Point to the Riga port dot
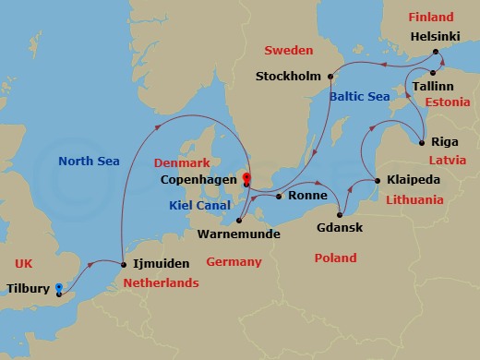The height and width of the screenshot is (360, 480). pos(422,142)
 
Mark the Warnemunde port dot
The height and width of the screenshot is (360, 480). pos(239,220)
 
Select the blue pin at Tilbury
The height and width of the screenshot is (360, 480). pos(58,288)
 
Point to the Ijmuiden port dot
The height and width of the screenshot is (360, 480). pos(122,266)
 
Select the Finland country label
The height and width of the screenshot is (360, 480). pos(431,17)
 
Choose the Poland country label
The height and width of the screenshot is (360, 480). pos(335,258)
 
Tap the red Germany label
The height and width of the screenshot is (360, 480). pos(233,262)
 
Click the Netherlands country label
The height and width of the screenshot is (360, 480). pos(161,282)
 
